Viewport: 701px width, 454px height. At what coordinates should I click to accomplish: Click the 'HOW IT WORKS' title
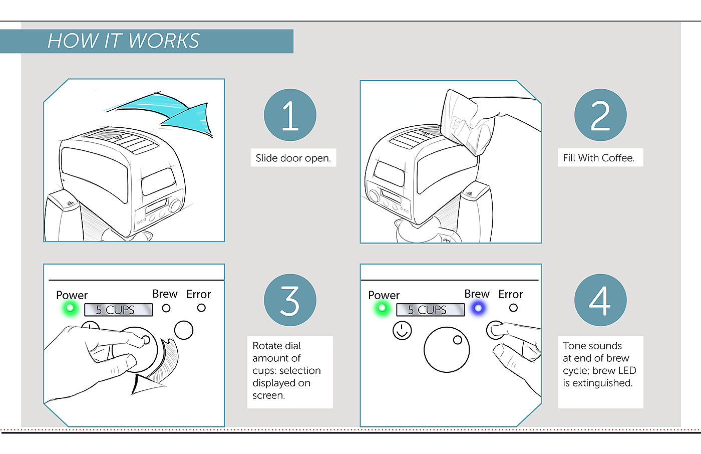point(123,41)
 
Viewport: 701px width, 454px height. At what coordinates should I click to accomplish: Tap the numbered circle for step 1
point(290,115)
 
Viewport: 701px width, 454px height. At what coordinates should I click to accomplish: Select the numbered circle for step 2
point(600,115)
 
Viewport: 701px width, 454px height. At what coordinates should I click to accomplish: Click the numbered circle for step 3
point(290,300)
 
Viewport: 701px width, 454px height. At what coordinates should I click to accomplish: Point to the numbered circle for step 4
point(600,300)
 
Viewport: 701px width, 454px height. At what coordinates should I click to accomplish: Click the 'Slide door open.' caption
point(293,158)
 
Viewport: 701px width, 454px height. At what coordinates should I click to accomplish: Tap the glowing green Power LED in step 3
point(71,308)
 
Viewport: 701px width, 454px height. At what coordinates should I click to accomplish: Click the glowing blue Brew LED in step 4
point(478,308)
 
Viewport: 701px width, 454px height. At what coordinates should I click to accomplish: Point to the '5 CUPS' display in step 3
point(118,310)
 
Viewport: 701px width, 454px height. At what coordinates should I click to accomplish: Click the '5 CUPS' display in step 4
point(430,310)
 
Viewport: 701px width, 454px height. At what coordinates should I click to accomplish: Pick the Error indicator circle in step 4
point(513,308)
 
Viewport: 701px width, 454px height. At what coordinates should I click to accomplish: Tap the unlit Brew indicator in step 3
point(166,308)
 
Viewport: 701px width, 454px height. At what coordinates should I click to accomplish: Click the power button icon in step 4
point(402,330)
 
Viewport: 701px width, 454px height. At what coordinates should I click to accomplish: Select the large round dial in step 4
point(446,350)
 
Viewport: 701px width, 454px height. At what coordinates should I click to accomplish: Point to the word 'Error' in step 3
point(198,294)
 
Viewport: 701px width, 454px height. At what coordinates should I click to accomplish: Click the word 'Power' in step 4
point(384,295)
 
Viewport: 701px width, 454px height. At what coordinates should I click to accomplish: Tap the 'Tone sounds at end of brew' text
point(596,352)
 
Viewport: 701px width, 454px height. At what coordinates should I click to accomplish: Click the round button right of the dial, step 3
point(184,330)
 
